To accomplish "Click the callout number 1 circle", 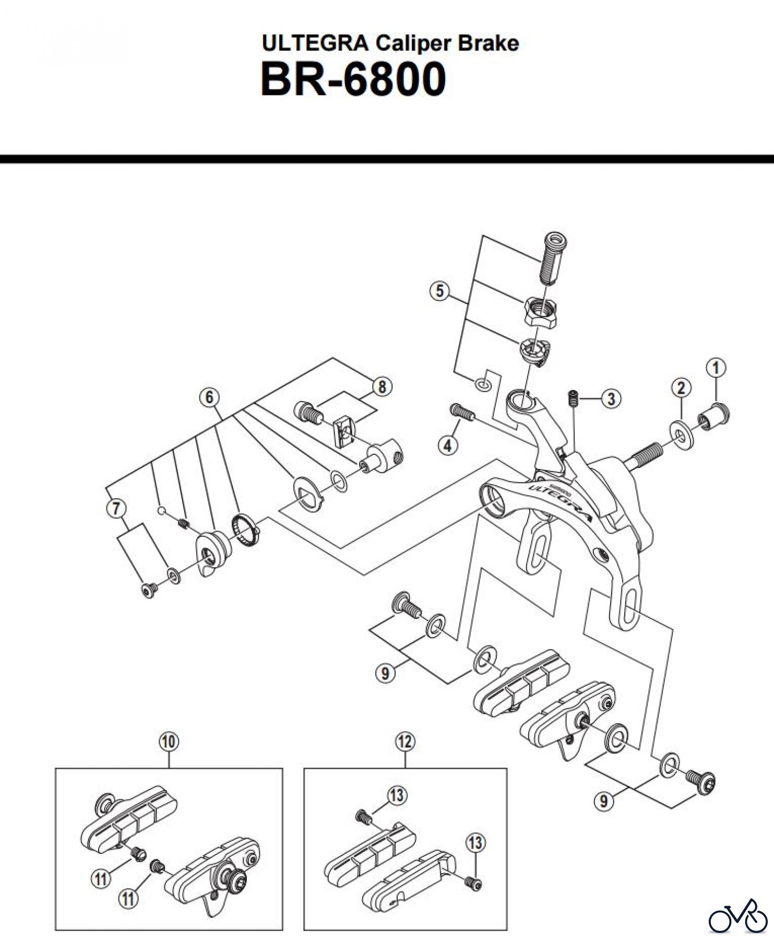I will coord(716,368).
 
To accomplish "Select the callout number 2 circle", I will coord(681,387).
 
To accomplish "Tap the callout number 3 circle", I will coord(611,399).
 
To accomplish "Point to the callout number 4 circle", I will coord(447,445).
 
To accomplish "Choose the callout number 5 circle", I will coord(439,290).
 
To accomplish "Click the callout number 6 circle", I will coord(209,397).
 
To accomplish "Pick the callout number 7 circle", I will coord(116,508).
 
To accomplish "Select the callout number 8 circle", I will coord(382,386).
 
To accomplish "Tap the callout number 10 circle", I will coord(169,741).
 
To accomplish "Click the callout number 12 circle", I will coord(405,741).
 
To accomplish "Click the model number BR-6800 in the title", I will coord(353,79).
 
